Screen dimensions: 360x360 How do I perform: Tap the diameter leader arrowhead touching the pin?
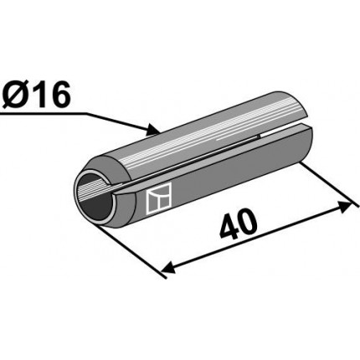[x=153, y=129]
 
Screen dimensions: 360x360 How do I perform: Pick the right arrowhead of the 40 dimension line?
[x=345, y=208]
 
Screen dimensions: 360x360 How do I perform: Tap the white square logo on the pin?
[x=158, y=198]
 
